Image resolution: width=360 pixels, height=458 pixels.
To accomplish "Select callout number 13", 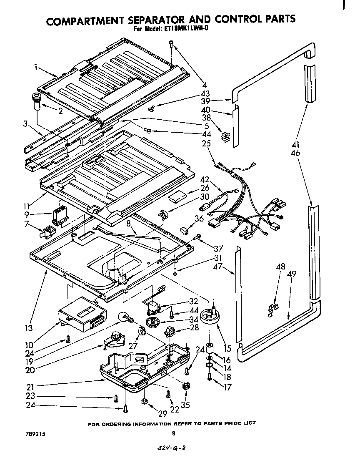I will pyautogui.click(x=29, y=328).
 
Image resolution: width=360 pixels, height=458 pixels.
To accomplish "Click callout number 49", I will pyautogui.click(x=292, y=274).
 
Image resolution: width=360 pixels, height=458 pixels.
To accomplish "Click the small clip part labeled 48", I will pyautogui.click(x=274, y=309).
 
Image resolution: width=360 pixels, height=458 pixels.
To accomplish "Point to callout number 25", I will pyautogui.click(x=205, y=143).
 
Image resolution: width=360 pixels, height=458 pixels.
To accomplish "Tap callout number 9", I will pyautogui.click(x=27, y=215).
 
